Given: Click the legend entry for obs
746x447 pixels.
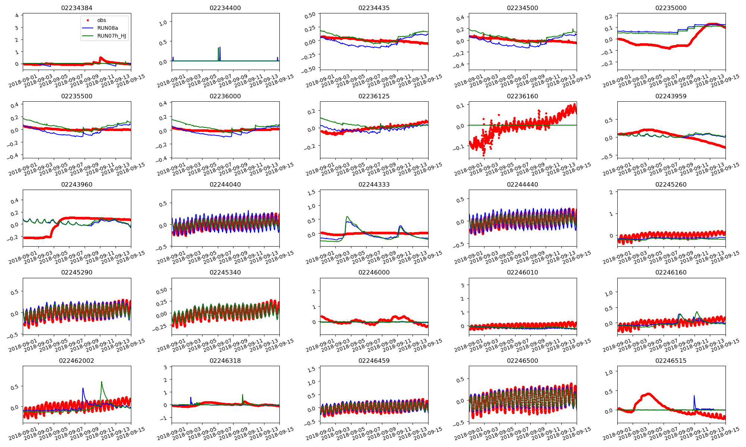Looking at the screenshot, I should (101, 20).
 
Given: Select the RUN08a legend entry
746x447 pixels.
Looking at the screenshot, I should (107, 28).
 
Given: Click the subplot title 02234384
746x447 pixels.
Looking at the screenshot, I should (77, 8).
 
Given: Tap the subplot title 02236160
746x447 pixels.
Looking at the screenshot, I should (523, 96).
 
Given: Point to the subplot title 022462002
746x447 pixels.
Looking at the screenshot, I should (77, 361).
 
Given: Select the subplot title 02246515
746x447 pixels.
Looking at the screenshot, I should (671, 361).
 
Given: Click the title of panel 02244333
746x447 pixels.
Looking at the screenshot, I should (374, 184).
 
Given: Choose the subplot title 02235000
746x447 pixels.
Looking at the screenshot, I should (671, 8).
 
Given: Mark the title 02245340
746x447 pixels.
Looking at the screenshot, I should (225, 272).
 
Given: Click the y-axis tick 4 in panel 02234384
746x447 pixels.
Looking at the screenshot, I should (16, 16).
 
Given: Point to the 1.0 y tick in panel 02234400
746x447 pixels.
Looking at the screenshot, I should (163, 23).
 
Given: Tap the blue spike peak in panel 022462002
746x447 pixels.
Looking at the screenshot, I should (83, 388).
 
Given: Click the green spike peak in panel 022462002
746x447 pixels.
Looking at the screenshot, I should (101, 381).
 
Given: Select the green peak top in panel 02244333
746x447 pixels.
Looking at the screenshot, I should (347, 216).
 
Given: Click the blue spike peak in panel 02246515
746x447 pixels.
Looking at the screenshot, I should (694, 396).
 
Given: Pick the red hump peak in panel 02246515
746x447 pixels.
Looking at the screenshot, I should (648, 394).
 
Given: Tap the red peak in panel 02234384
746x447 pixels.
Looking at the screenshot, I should (101, 57).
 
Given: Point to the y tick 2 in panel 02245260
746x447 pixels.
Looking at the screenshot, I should (611, 192).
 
